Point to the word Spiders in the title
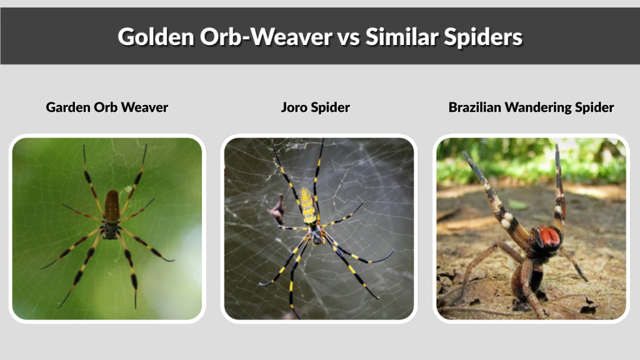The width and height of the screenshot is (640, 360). click(x=487, y=37)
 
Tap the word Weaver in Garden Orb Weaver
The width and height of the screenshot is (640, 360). click(x=144, y=107)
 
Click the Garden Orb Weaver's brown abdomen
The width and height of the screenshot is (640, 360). click(x=112, y=206)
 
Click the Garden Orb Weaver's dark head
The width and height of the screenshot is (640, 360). click(x=111, y=230)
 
